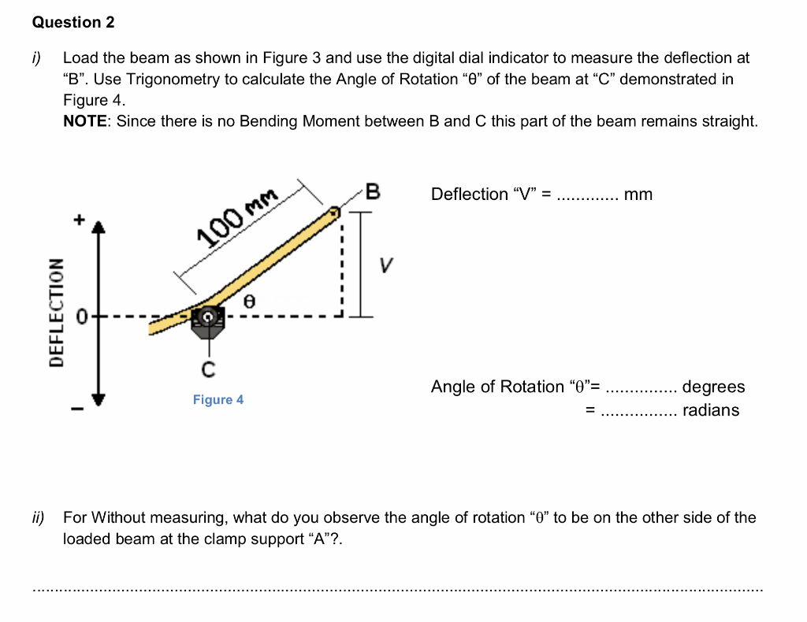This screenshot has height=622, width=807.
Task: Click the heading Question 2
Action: click(x=73, y=22)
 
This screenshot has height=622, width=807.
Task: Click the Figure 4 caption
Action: click(x=218, y=400)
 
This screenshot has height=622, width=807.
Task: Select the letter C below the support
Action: click(x=208, y=368)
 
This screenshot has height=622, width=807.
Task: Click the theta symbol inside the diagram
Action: click(x=249, y=301)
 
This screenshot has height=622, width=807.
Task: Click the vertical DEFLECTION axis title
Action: click(x=56, y=312)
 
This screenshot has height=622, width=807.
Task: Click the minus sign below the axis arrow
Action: click(x=77, y=408)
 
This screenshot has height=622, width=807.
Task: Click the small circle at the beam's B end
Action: click(x=335, y=211)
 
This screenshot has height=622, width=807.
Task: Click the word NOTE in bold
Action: click(x=86, y=121)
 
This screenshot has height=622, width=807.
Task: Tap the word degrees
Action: click(x=713, y=387)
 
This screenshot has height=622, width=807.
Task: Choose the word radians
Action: click(x=711, y=409)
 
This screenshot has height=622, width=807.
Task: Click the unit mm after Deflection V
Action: click(x=638, y=194)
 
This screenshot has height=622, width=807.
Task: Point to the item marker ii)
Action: click(x=39, y=517)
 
